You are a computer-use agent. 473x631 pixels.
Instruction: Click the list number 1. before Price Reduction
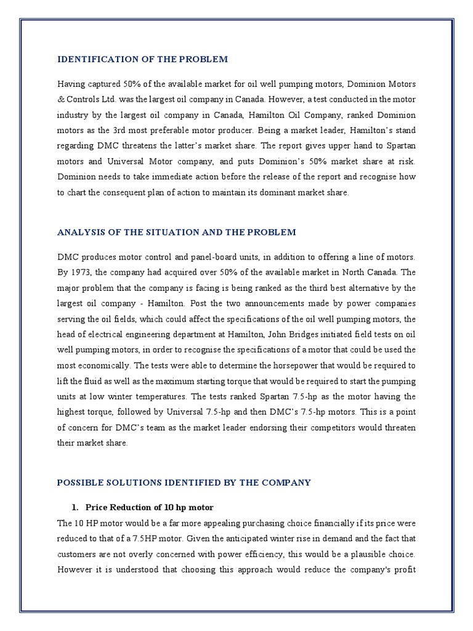[76, 508]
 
